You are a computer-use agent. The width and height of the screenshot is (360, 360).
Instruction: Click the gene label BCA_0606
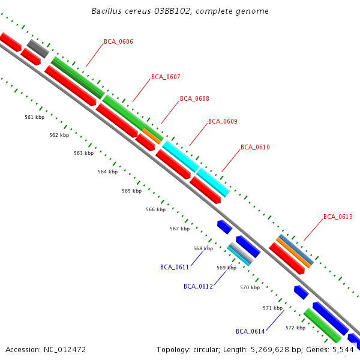pos(118,42)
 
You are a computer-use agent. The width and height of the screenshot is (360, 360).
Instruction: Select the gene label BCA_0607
pos(166,77)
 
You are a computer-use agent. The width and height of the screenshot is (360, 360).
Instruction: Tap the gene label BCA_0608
pos(194,98)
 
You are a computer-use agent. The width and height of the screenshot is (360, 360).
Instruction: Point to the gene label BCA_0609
pos(223,121)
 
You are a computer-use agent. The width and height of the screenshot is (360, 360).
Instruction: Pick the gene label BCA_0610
pos(255,147)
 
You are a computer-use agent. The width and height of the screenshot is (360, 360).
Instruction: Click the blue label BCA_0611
pos(175,267)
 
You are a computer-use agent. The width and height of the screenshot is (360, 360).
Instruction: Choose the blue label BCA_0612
pos(198,286)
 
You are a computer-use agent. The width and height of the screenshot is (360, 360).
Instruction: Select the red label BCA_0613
pos(338,217)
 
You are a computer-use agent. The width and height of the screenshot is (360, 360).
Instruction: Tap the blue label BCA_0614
pos(250,331)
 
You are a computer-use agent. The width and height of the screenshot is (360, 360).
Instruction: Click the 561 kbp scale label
pos(34,118)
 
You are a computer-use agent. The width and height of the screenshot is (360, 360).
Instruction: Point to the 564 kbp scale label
pos(107,172)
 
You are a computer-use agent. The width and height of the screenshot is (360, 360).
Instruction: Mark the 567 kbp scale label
pos(179,229)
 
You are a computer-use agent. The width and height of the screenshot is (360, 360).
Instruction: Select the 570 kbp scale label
pos(250,287)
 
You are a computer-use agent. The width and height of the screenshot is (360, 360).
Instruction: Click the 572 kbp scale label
pos(295,328)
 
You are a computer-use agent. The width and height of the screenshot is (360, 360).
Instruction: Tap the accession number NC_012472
pos(63,349)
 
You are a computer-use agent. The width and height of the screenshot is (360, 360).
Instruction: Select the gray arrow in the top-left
pos(37,48)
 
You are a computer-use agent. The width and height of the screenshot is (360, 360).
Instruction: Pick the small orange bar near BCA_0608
pos(152,136)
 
